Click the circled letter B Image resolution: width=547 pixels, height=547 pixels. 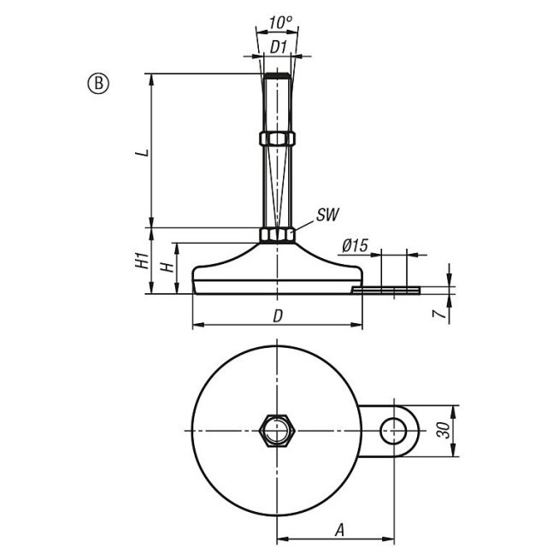pos(98,84)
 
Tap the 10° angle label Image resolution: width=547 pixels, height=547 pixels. pos(280,23)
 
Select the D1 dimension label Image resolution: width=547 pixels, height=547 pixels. pos(279,47)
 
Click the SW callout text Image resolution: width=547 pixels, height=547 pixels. pos(327,215)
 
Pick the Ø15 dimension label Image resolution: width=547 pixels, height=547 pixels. pos(355,245)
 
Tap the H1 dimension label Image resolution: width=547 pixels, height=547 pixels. pos(142,261)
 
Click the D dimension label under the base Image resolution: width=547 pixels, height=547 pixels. pos(278,316)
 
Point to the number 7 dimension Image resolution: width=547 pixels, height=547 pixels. pos(439,314)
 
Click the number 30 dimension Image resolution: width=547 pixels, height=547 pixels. pos(444,431)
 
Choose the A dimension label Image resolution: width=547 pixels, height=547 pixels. pos(339,530)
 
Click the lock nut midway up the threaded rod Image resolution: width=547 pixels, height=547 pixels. pos(278,138)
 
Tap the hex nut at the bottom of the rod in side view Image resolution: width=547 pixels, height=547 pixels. pos(277,235)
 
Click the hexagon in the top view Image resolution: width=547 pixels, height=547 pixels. pos(278,431)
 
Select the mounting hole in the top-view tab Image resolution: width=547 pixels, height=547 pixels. pos(393,431)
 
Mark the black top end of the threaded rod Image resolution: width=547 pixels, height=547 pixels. pos(277,76)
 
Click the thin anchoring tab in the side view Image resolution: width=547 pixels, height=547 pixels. pos(385,291)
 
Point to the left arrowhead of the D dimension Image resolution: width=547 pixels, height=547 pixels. pos(198,325)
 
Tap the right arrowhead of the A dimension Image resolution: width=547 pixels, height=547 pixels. pos(389,538)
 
